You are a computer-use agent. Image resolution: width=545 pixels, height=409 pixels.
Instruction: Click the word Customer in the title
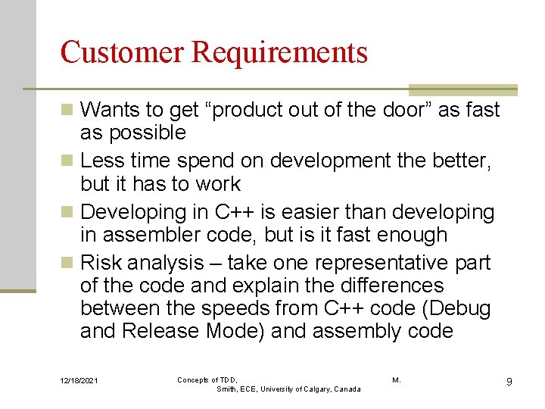coord(122,53)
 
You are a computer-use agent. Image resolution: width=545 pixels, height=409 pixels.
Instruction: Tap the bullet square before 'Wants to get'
coord(67,111)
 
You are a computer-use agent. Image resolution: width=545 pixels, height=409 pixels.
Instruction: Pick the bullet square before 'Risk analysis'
coord(67,264)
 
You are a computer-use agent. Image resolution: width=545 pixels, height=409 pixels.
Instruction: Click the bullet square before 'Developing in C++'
coord(67,213)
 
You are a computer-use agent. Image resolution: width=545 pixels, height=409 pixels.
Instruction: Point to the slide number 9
coord(509,381)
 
